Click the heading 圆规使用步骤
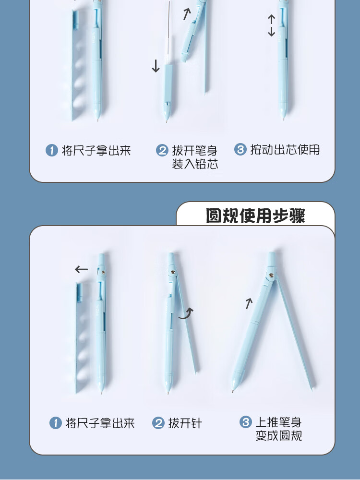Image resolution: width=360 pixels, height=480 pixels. tap(255, 216)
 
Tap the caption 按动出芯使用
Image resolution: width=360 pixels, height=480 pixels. tap(285, 149)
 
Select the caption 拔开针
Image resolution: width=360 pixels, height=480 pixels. tap(185, 423)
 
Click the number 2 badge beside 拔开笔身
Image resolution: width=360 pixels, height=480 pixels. tap(162, 150)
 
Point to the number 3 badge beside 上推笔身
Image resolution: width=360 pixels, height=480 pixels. tap(245, 422)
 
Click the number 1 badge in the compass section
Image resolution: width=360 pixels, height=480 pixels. tap(55, 423)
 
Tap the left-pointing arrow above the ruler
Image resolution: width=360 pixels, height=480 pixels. tap(81, 269)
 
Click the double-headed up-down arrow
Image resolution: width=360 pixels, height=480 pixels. tap(271, 26)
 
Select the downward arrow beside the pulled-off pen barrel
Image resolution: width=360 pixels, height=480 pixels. tap(156, 66)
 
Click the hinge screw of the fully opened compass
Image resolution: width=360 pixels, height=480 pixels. tap(271, 275)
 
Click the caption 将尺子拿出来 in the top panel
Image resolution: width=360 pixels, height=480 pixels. tap(96, 150)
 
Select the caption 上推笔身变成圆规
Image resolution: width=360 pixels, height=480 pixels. tap(278, 429)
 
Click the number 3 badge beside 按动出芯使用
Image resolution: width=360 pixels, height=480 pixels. tap(240, 149)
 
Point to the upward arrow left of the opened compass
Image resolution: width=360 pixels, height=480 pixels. tap(249, 304)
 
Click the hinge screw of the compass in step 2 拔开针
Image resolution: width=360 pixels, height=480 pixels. tap(173, 272)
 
